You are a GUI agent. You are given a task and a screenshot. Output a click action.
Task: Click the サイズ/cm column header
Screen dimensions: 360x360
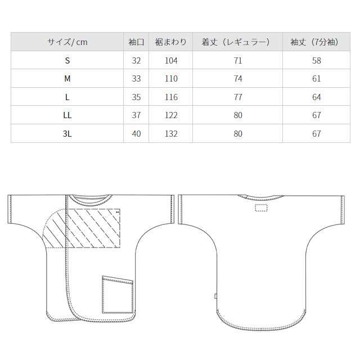[67, 42]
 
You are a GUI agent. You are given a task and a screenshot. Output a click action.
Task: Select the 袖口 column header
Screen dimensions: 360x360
[136, 42]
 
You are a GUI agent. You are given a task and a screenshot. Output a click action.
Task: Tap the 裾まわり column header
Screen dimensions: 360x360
[170, 42]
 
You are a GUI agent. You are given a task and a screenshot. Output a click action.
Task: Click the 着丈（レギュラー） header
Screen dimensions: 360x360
[236, 42]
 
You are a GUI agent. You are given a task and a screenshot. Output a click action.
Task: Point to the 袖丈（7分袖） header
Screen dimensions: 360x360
[314, 42]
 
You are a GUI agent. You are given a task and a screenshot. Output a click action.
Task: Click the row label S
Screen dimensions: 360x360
[67, 61]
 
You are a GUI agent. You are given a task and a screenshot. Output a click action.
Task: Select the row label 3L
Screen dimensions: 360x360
[67, 134]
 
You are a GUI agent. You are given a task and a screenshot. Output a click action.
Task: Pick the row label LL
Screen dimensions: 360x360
[67, 115]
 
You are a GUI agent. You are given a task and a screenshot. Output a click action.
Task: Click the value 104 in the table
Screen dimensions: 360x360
[171, 61]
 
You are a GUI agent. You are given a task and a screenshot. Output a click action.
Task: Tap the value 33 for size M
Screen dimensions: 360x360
[136, 79]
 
